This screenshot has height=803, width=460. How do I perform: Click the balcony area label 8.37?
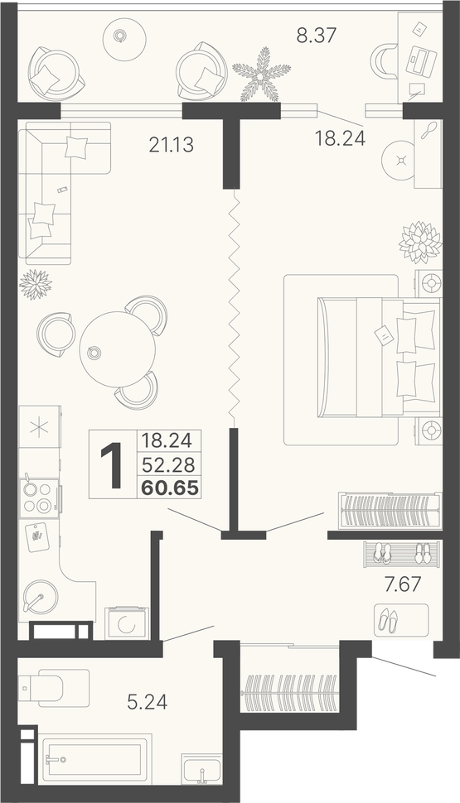click(x=316, y=36)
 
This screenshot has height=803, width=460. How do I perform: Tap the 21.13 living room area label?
click(x=172, y=145)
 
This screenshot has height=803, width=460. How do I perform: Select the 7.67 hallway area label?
click(x=402, y=584)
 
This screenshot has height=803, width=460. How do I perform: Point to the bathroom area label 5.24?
click(x=148, y=702)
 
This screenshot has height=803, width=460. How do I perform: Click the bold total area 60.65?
click(x=170, y=488)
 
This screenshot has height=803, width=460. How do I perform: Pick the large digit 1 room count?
click(x=112, y=465)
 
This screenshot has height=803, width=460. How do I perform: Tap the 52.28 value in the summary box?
click(x=168, y=464)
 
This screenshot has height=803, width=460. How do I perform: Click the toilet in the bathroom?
click(x=41, y=689)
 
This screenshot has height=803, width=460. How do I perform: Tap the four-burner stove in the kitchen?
click(x=39, y=498)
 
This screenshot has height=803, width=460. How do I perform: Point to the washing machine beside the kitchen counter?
click(x=126, y=623)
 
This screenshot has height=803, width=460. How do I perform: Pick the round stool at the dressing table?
click(x=400, y=160)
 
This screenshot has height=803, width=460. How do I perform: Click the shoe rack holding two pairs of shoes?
click(x=401, y=554)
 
